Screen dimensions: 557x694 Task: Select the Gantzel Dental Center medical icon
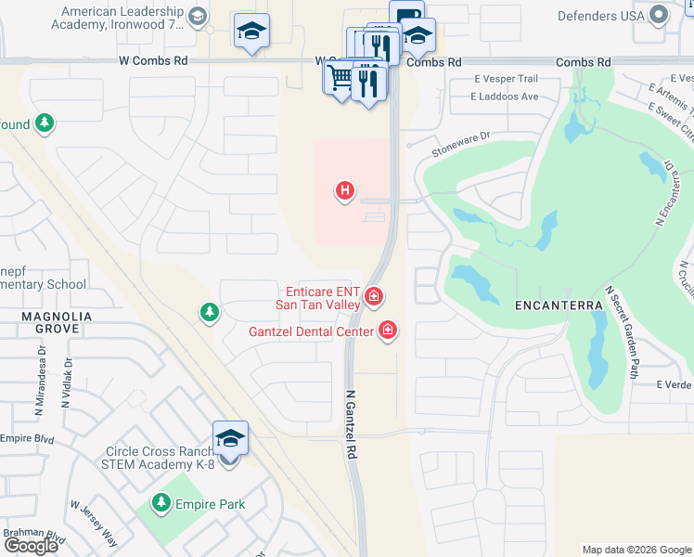[388, 330]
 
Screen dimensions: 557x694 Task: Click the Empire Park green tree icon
[161, 503]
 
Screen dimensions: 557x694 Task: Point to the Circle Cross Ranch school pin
[230, 439]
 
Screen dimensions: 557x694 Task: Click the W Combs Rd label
[153, 60]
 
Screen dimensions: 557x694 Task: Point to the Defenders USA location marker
[660, 15]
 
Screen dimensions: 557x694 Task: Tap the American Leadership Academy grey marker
[198, 16]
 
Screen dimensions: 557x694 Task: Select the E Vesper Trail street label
[506, 79]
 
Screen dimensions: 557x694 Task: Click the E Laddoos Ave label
[505, 96]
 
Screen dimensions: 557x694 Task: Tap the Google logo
[31, 546]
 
